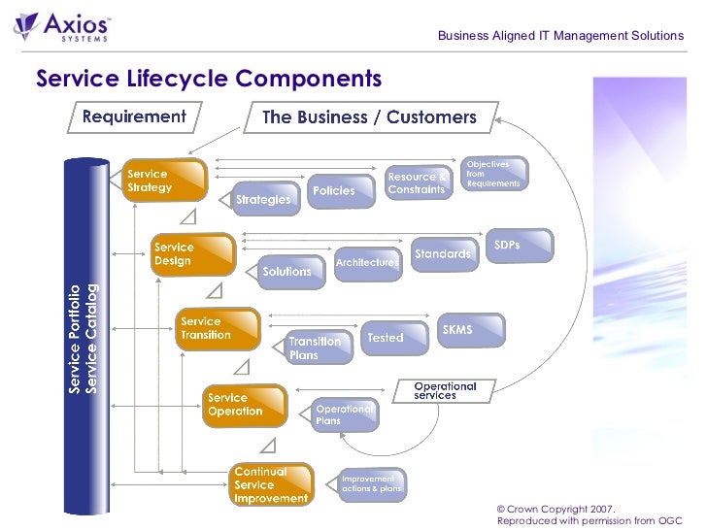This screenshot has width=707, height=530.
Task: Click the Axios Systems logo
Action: (63, 26)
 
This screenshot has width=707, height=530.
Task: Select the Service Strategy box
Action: (164, 181)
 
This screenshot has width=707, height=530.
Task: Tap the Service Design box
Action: (193, 254)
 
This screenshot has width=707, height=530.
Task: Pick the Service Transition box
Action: (219, 329)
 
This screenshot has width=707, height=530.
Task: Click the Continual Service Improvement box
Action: (272, 484)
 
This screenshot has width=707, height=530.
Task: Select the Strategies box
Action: (263, 199)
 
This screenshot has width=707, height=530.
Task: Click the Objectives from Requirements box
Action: (495, 174)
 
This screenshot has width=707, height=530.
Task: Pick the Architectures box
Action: (367, 262)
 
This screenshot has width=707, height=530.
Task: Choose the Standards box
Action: (444, 254)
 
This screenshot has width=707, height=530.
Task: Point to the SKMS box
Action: (470, 330)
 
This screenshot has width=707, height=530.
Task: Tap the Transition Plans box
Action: (317, 348)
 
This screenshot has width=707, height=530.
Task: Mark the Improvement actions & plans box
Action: (371, 483)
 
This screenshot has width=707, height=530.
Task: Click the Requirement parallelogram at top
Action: (134, 117)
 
